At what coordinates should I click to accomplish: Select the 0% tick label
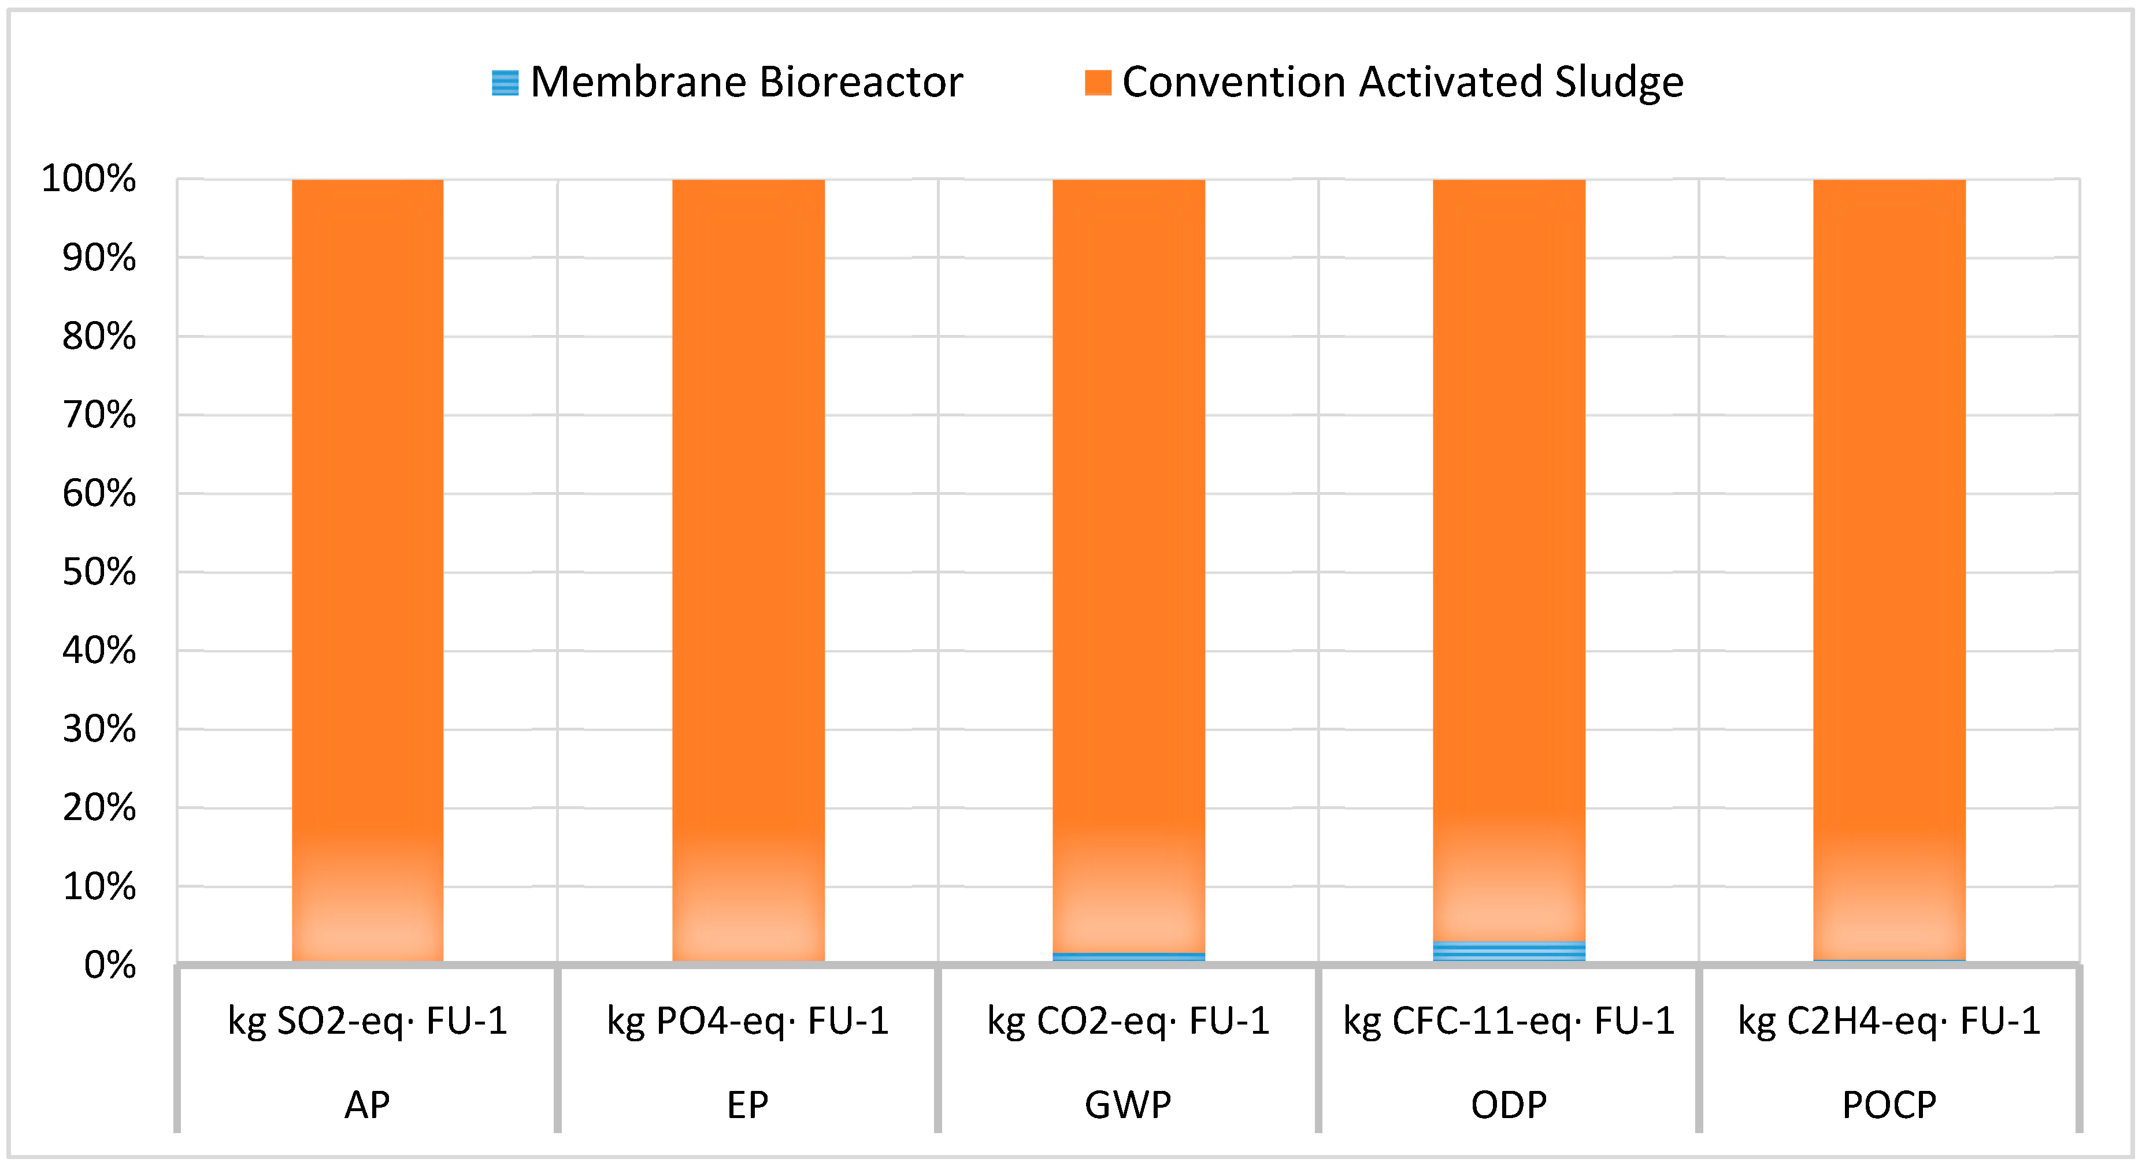pyautogui.click(x=110, y=966)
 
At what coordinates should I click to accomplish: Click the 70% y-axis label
pyautogui.click(x=99, y=415)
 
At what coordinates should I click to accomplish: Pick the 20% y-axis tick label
pyautogui.click(x=99, y=808)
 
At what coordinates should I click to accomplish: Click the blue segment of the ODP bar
pyautogui.click(x=1509, y=951)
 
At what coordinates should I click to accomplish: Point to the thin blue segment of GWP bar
pyautogui.click(x=1128, y=956)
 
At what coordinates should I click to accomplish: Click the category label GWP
pyautogui.click(x=1128, y=1105)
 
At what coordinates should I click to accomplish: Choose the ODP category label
pyautogui.click(x=1509, y=1105)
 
